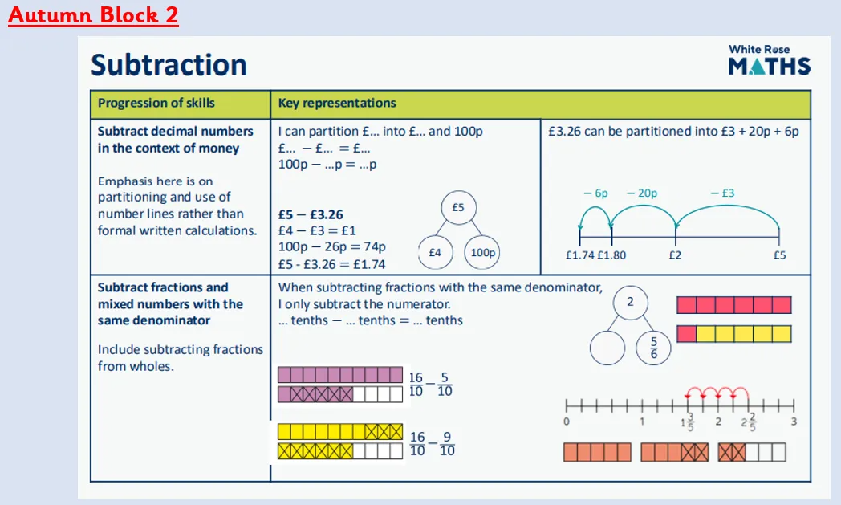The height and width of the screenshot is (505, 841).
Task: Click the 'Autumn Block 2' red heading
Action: [93, 14]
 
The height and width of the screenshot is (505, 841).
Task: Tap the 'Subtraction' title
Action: [169, 65]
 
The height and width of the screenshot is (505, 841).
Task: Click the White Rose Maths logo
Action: [769, 59]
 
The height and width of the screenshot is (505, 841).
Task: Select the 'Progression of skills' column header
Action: [156, 103]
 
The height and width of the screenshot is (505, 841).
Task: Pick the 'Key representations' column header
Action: [337, 103]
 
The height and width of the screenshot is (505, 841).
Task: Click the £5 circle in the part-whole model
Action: [458, 208]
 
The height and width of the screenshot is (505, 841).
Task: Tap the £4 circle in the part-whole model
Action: [435, 252]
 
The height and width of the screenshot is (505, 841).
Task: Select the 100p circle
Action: [482, 252]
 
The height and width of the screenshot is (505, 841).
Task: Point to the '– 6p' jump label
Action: [595, 193]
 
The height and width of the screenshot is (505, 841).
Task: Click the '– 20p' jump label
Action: [642, 193]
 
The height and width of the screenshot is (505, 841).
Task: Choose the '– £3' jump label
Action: [722, 193]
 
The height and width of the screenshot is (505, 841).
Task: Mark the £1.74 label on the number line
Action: [580, 255]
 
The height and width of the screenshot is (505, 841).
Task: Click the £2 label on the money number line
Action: [675, 255]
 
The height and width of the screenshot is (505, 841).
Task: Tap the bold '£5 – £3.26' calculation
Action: [311, 214]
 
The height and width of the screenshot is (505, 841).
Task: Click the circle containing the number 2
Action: [630, 302]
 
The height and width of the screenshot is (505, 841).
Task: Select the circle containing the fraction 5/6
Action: [653, 348]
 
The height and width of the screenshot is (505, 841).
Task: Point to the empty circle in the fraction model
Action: [607, 348]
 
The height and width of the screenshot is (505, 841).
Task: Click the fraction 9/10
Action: [447, 444]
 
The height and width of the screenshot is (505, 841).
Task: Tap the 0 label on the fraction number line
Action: [567, 422]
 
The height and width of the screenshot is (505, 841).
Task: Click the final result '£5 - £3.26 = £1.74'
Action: [331, 264]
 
